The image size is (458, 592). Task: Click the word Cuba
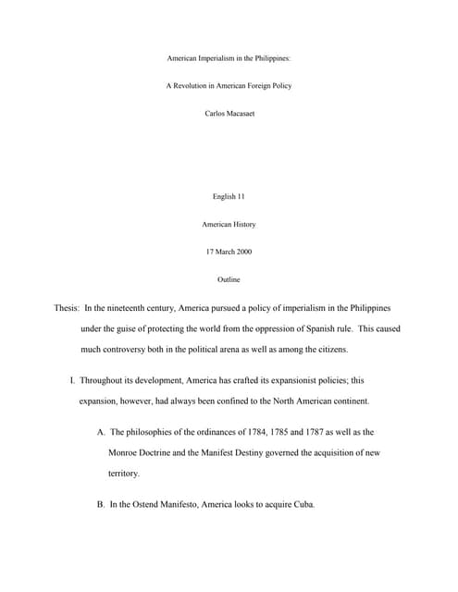point(304,505)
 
